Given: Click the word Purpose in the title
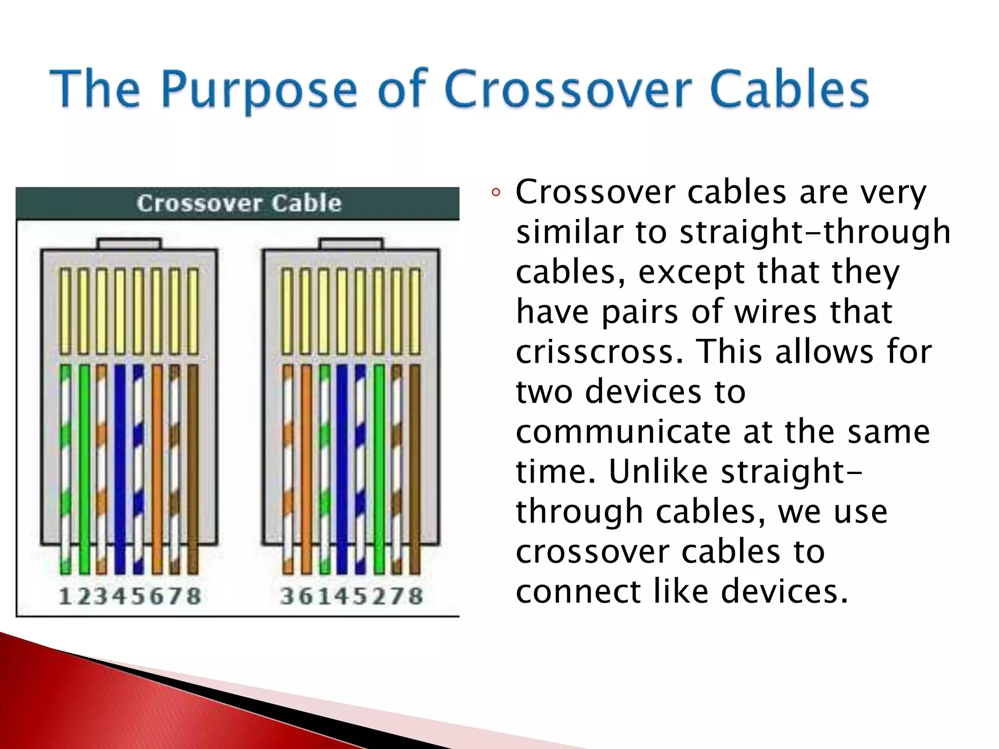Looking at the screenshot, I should [x=259, y=89].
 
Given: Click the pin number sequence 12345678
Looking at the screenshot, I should [x=130, y=596].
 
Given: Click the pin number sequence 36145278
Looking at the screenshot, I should [x=351, y=596].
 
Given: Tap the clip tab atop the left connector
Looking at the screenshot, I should [x=129, y=243].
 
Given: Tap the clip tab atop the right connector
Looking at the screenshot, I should [x=351, y=243].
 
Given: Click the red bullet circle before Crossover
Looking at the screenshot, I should [x=496, y=193].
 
